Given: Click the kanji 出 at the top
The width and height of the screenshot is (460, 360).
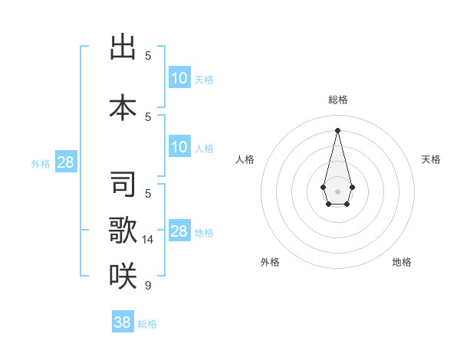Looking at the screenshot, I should [x=123, y=47].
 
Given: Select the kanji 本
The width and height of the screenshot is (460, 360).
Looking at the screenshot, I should [x=123, y=107].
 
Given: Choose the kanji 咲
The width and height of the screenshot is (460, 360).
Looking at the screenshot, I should [x=123, y=275].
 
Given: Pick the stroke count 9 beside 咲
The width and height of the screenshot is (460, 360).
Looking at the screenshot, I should [x=148, y=286].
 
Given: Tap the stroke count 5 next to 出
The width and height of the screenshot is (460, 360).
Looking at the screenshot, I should [x=148, y=55].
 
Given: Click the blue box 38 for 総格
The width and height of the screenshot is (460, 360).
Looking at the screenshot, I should [x=123, y=322].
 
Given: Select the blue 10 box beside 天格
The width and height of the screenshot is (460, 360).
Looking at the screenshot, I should [x=179, y=77].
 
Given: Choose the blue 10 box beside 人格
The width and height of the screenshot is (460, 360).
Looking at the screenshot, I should [x=179, y=147].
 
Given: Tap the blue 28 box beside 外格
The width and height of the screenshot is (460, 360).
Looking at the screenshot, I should [x=65, y=162].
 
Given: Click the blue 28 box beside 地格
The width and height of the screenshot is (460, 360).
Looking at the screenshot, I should [x=179, y=231].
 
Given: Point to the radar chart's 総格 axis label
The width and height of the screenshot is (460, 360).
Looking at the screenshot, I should [x=337, y=100].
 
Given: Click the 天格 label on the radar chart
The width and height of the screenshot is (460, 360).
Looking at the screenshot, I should [x=431, y=159].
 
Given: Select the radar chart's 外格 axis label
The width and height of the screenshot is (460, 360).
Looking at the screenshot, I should [x=270, y=262].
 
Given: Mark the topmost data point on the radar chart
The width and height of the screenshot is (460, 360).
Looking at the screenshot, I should [x=337, y=129].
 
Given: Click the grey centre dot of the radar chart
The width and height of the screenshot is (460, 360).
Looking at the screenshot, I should [x=337, y=190].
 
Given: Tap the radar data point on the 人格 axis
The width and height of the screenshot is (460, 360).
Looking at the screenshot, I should [x=323, y=186].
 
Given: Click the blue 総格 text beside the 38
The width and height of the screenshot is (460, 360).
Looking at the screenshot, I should [x=147, y=324].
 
